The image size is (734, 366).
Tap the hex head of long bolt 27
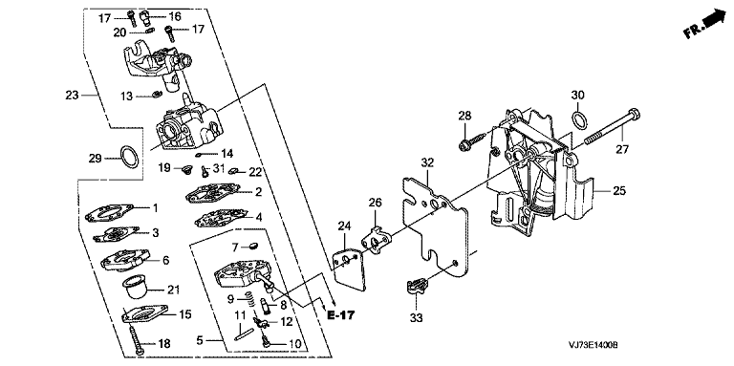pos(634,114)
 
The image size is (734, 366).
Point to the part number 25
pos(619,191)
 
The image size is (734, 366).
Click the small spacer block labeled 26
pos(376,239)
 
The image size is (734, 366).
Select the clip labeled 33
pos(416,286)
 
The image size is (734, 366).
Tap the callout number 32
pos(427,162)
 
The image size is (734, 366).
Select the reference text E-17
pos(340,315)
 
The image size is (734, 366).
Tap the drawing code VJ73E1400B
pos(594,345)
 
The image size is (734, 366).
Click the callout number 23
pos(72,95)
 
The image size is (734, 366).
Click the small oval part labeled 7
pos(252,245)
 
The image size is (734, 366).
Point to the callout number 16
pos(174,16)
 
